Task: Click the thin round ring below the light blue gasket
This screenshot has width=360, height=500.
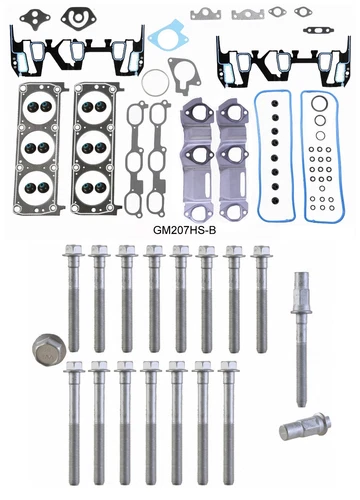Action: tap(155, 82)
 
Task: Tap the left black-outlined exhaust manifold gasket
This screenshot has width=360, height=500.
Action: tap(139, 150)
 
